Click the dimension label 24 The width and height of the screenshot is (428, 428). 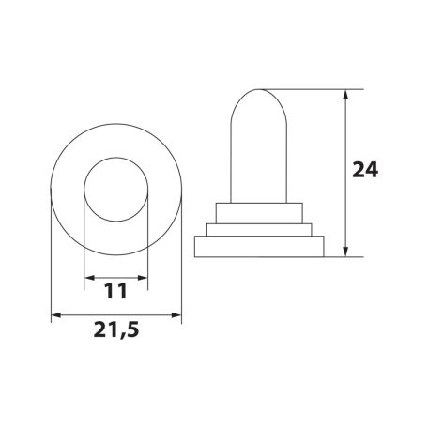click(x=365, y=170)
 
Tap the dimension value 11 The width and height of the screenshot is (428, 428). click(x=115, y=291)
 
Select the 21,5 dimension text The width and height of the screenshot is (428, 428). click(x=116, y=329)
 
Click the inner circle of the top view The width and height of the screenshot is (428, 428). click(x=116, y=157)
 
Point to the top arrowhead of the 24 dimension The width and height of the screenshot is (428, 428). click(x=345, y=95)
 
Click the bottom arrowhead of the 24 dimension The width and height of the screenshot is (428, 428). click(x=345, y=252)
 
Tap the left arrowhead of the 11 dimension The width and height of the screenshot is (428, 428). click(x=89, y=278)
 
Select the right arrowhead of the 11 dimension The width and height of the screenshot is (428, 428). click(x=143, y=278)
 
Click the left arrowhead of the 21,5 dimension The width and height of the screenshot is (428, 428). click(x=56, y=315)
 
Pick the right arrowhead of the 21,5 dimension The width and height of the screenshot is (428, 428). click(x=176, y=315)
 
